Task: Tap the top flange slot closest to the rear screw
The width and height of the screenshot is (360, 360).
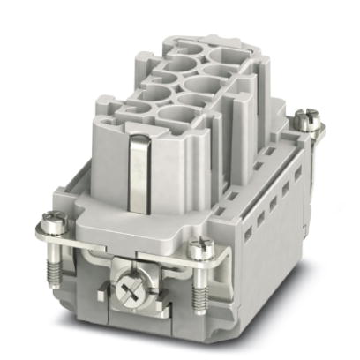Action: [284, 146]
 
